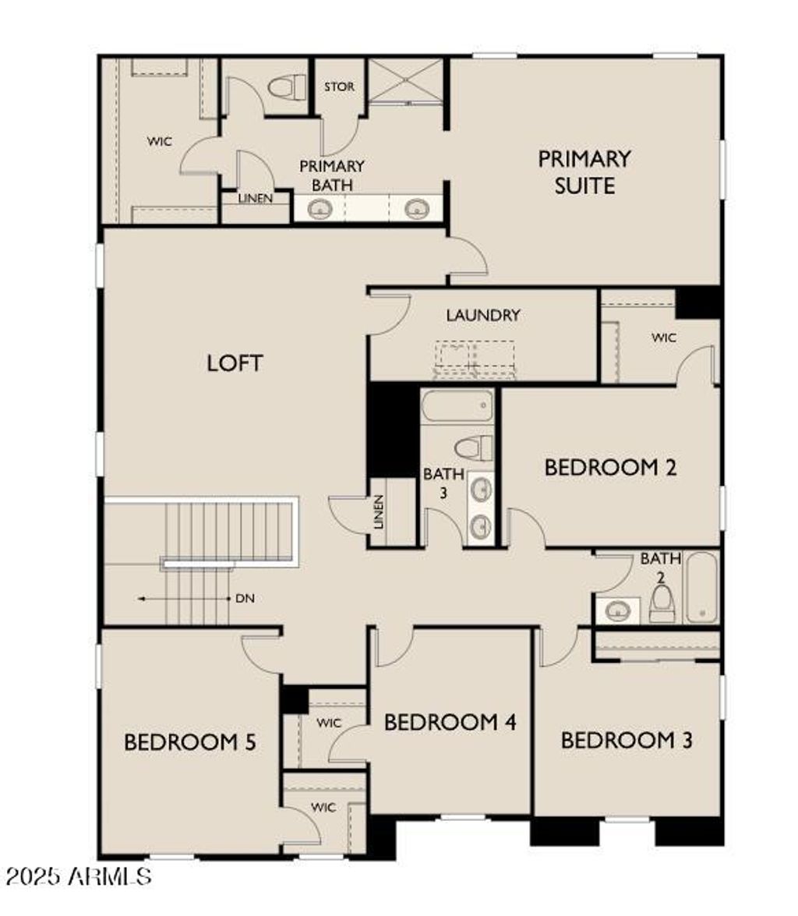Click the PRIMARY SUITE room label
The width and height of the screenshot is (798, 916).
(x=584, y=172)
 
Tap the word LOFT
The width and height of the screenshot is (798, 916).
(x=235, y=363)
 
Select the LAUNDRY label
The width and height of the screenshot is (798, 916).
(x=483, y=316)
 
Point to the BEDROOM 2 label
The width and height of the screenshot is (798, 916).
(x=609, y=468)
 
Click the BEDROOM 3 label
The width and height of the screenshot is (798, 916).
(x=627, y=740)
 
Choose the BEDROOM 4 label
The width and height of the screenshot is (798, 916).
(x=450, y=722)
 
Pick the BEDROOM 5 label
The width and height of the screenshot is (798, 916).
(x=190, y=742)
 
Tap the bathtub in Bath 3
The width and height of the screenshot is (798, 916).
(x=457, y=406)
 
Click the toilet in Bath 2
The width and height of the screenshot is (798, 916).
(x=662, y=603)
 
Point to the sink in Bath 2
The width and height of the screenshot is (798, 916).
(x=618, y=610)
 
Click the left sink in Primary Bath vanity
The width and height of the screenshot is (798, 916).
(x=320, y=209)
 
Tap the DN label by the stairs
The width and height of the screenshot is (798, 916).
(x=243, y=599)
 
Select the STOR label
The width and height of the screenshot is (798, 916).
(x=339, y=87)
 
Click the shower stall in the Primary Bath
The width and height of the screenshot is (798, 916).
(x=405, y=80)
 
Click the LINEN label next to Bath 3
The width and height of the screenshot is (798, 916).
(x=380, y=511)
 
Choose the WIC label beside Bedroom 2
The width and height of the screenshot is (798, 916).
(x=664, y=338)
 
